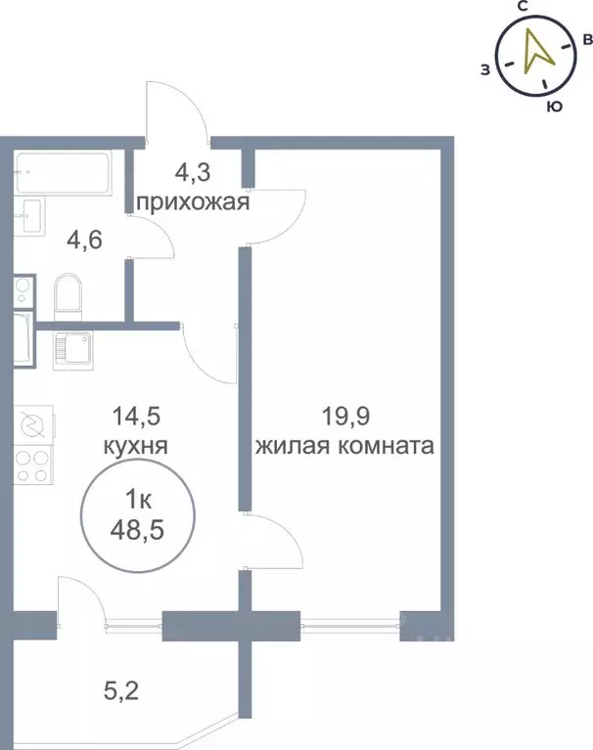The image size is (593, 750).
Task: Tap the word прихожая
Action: point(192,203)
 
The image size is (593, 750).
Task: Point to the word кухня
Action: point(137,447)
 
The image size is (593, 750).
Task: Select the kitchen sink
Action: point(73,347)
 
